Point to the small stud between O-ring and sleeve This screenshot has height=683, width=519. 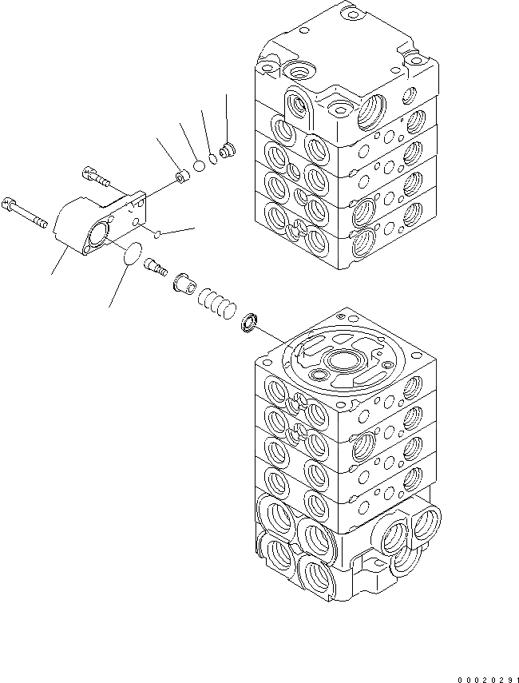pos(154,267)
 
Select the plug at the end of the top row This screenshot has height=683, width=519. pos(228,149)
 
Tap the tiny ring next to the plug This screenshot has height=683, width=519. pos(213,158)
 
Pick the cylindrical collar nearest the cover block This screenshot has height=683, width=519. pos(180,174)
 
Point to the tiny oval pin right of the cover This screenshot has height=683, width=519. pos(160,234)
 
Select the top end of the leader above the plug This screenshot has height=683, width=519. pos(227,95)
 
